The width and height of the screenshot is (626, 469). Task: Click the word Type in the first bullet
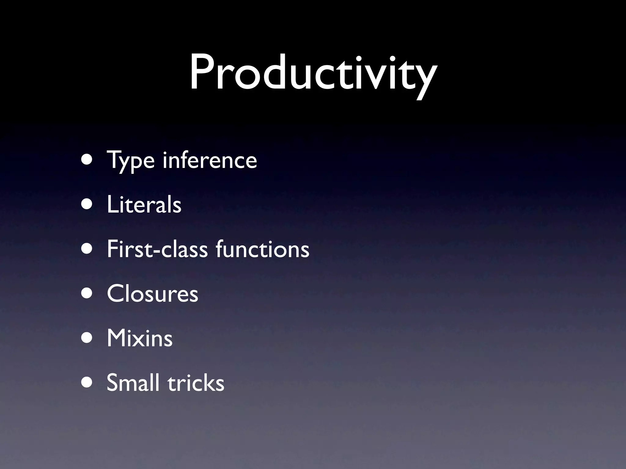pyautogui.click(x=131, y=160)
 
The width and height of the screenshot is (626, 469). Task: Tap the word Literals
pyautogui.click(x=144, y=204)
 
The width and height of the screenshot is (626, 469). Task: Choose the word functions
pyautogui.click(x=263, y=249)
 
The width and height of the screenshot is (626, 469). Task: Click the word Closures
pyautogui.click(x=153, y=293)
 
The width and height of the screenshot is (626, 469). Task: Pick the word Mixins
pyautogui.click(x=140, y=338)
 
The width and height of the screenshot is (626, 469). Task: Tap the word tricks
pyautogui.click(x=196, y=382)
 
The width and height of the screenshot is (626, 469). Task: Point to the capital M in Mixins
pyautogui.click(x=118, y=338)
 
